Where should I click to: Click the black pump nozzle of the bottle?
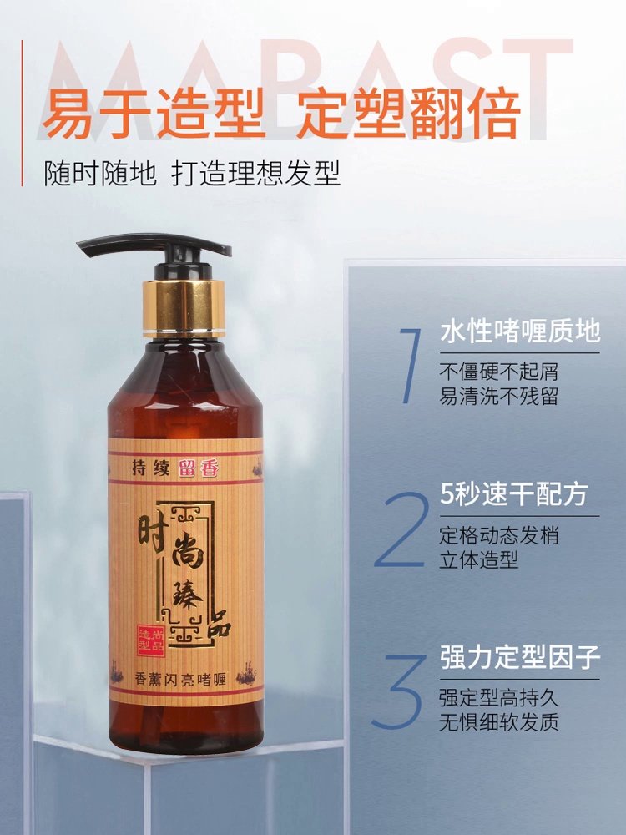tap(154, 248)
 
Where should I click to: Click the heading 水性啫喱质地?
tap(520, 331)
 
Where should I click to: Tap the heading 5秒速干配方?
tap(513, 494)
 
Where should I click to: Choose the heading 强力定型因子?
tap(520, 657)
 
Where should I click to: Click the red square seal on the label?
tap(153, 638)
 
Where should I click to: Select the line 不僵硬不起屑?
tap(500, 370)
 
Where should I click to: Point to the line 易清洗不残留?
tap(500, 395)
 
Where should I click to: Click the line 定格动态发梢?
tap(500, 535)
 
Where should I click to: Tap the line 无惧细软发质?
tap(500, 721)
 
